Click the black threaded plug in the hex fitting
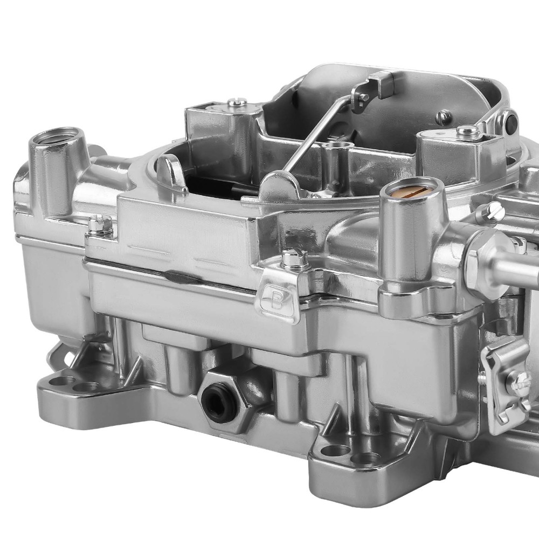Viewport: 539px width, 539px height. (219, 402)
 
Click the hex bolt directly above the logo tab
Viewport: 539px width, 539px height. (294, 259)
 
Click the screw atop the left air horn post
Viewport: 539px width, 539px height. (237, 101)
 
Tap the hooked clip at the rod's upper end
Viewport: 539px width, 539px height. (372, 86)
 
